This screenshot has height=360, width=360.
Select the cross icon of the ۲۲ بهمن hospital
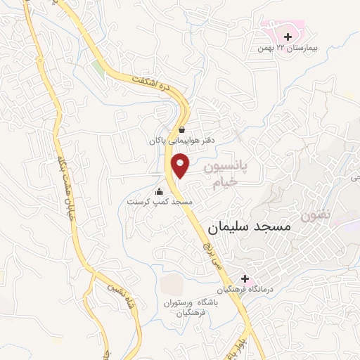click(x=288, y=37)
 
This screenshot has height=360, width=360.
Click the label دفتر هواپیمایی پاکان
click(x=180, y=141)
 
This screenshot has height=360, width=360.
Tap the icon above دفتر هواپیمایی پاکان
click(x=181, y=129)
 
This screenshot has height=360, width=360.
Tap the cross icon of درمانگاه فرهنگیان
click(x=245, y=278)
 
